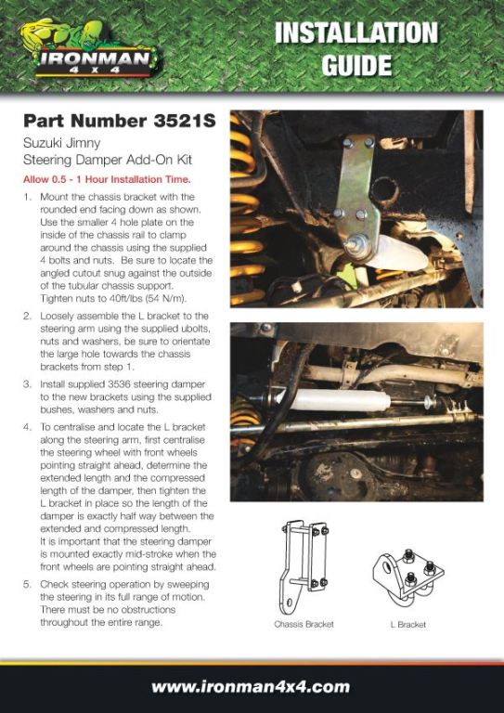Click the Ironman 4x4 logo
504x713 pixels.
click(91, 49)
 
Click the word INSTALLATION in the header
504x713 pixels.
click(355, 33)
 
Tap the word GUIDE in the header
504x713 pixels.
click(356, 64)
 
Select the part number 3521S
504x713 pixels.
click(182, 122)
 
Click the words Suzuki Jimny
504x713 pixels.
click(62, 145)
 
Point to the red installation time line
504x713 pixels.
click(107, 179)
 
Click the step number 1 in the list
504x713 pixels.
click(28, 198)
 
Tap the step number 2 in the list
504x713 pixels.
click(27, 316)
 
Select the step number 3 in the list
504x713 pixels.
click(27, 383)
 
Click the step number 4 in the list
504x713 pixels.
click(27, 427)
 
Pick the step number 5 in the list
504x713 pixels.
click(27, 584)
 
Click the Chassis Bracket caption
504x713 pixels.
click(304, 624)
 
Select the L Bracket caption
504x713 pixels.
click(408, 624)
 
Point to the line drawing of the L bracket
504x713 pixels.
click(408, 578)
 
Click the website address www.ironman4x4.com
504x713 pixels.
click(251, 686)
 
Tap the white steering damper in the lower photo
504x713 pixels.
click(336, 400)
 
